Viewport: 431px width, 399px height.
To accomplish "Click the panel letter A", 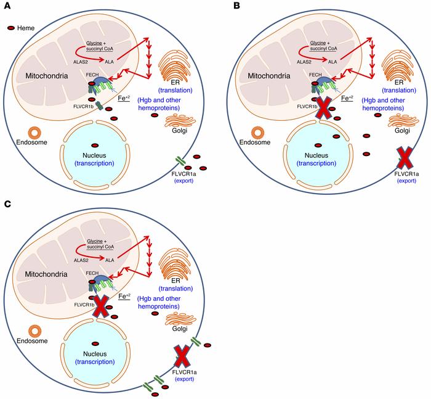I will (x=6, y=7).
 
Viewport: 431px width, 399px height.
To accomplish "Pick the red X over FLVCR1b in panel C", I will (x=100, y=307).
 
